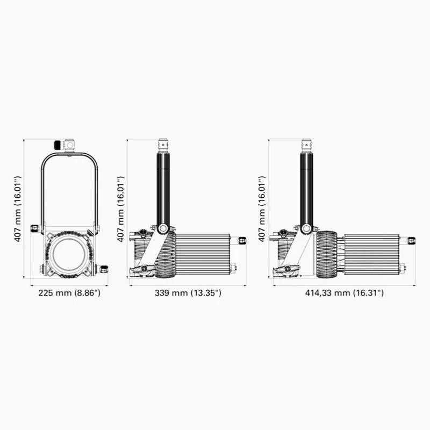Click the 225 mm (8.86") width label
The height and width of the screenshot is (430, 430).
coord(69,293)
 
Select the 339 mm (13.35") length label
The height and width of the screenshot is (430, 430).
coord(188,293)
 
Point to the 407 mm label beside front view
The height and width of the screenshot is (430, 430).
coord(18,208)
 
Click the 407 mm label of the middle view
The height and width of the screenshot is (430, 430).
coord(120,208)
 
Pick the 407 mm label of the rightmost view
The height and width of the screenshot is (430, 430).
coord(262,208)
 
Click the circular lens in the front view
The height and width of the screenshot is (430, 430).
coord(68,254)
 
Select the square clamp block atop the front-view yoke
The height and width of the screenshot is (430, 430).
coord(69,145)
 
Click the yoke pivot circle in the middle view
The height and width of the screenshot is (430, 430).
coord(163,228)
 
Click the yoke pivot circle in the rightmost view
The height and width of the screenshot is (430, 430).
coord(306,228)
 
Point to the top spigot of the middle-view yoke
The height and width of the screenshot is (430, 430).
coord(163,145)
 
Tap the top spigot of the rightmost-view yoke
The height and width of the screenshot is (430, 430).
coord(306,145)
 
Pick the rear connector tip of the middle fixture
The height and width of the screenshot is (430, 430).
coord(242,240)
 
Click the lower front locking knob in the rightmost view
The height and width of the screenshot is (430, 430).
coord(288,269)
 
